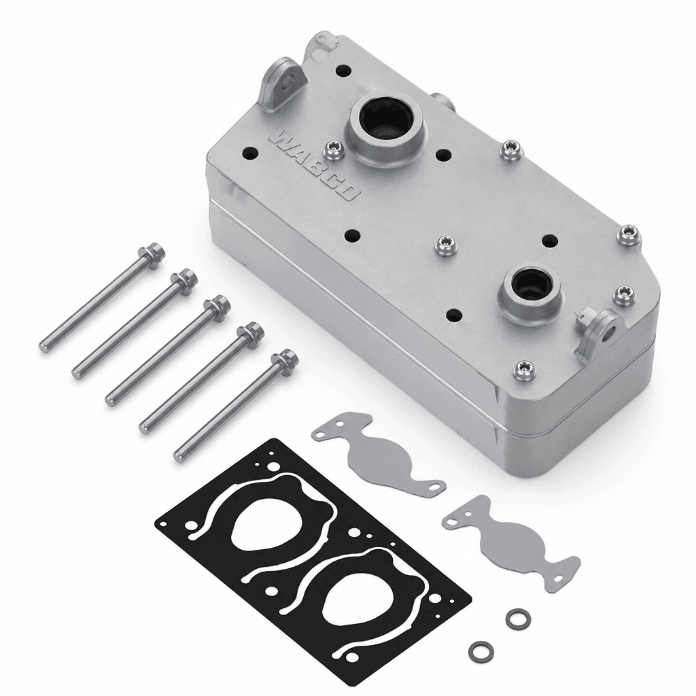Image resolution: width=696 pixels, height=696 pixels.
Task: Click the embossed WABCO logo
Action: pyautogui.click(x=315, y=165)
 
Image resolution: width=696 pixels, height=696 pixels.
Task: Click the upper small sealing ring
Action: pyautogui.click(x=516, y=616)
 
